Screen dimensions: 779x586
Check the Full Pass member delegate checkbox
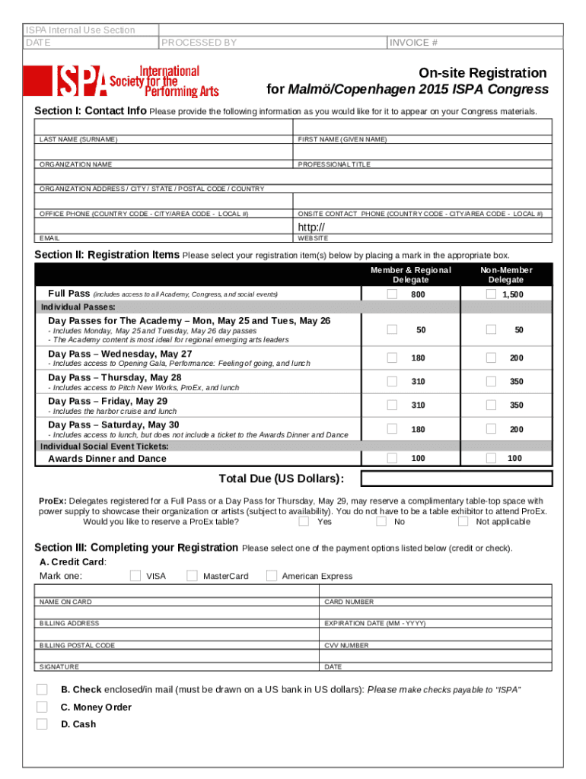[x=392, y=294]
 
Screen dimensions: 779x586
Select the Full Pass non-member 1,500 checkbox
[x=491, y=294]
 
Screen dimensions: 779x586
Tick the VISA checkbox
[x=135, y=575]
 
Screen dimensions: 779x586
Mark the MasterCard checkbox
[x=192, y=575]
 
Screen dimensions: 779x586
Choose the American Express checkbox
[x=272, y=575]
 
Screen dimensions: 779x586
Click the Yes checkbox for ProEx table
[x=304, y=521]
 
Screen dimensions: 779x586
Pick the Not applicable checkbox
[x=463, y=521]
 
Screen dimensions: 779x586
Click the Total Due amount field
[x=456, y=479]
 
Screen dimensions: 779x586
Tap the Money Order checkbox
[x=42, y=707]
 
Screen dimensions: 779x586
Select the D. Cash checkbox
[x=42, y=723]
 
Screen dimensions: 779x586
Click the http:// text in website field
[x=311, y=227]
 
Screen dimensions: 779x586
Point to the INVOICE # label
[x=413, y=43]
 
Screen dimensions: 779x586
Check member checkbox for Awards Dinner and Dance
[x=392, y=457]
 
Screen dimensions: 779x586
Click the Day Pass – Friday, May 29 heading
[x=108, y=401]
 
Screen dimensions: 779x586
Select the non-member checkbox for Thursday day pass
[x=491, y=380]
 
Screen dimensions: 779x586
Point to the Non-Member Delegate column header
[x=506, y=275]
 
